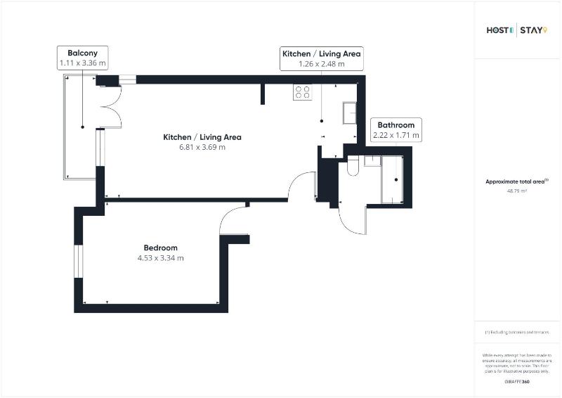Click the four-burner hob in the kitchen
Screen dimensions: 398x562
point(303,91)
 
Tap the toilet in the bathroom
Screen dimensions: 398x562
point(353,165)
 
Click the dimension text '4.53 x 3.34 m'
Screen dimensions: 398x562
point(160,258)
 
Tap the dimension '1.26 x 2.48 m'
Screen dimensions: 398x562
point(322,63)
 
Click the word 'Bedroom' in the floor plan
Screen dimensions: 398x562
point(160,248)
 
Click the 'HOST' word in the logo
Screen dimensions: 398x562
point(499,30)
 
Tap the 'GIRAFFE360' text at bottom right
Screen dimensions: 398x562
point(516,380)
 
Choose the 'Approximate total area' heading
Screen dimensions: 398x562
point(515,181)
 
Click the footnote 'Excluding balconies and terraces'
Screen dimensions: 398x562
point(517,332)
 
